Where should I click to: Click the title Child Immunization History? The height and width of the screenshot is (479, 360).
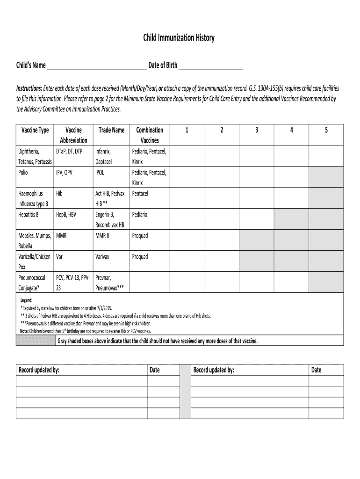(x=179, y=38)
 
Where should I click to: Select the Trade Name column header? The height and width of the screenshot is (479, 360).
(x=111, y=130)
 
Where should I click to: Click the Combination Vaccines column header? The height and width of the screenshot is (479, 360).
(x=149, y=135)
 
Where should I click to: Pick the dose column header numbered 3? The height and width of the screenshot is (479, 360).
(x=256, y=130)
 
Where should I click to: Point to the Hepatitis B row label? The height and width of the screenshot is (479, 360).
(x=28, y=215)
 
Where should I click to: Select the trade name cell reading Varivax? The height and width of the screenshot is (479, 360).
(x=104, y=257)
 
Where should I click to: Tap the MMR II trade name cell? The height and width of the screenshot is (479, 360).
(x=102, y=236)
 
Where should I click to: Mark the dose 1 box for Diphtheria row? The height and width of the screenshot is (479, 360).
(x=187, y=156)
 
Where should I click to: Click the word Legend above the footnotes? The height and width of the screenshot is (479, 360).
(x=26, y=300)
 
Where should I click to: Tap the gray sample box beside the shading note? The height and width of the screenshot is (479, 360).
(x=36, y=341)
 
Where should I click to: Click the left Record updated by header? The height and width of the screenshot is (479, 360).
(x=39, y=370)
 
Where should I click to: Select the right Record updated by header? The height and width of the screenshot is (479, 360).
(x=214, y=370)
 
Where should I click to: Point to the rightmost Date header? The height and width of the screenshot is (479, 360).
(x=317, y=370)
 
